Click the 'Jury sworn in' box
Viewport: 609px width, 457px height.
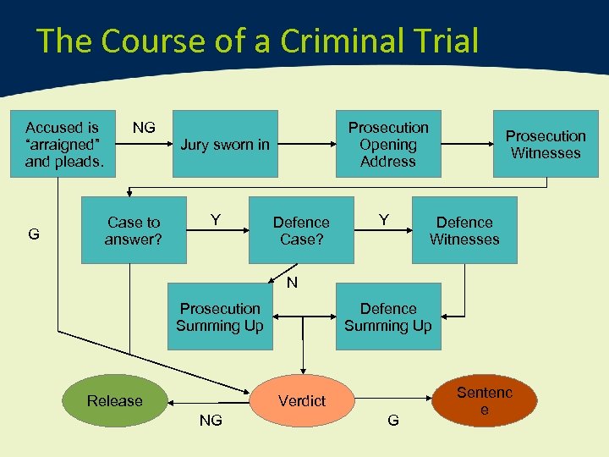pos(225,144)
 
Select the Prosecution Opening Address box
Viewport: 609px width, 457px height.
pos(388,144)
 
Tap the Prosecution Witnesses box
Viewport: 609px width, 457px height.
pos(546,144)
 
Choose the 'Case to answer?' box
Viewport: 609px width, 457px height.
pos(133,230)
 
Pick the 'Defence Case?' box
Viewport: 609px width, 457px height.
pos(301,230)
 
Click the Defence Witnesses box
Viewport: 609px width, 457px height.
pos(464,230)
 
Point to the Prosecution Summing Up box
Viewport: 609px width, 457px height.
pos(220,317)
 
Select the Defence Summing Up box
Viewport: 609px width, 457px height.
pos(388,317)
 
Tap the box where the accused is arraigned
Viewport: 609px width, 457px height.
pos(63,144)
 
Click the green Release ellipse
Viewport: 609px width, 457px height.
pos(115,400)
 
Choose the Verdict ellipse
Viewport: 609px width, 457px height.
pos(301,400)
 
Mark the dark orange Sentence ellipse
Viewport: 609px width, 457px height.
pos(485,400)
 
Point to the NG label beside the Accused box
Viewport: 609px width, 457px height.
pos(144,128)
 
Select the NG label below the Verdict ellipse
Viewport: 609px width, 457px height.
pos(211,420)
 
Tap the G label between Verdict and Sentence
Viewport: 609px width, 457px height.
pos(392,420)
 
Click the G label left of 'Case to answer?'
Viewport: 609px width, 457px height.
pos(34,234)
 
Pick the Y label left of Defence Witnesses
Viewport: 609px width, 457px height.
pos(384,220)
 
